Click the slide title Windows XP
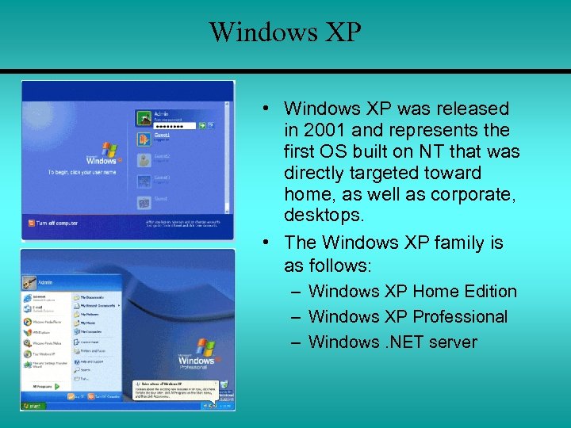(285, 32)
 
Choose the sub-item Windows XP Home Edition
(412, 292)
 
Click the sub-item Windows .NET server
(393, 342)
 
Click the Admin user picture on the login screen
(145, 117)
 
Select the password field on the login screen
(174, 125)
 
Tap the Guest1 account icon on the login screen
(145, 139)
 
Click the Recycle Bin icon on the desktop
(224, 386)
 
